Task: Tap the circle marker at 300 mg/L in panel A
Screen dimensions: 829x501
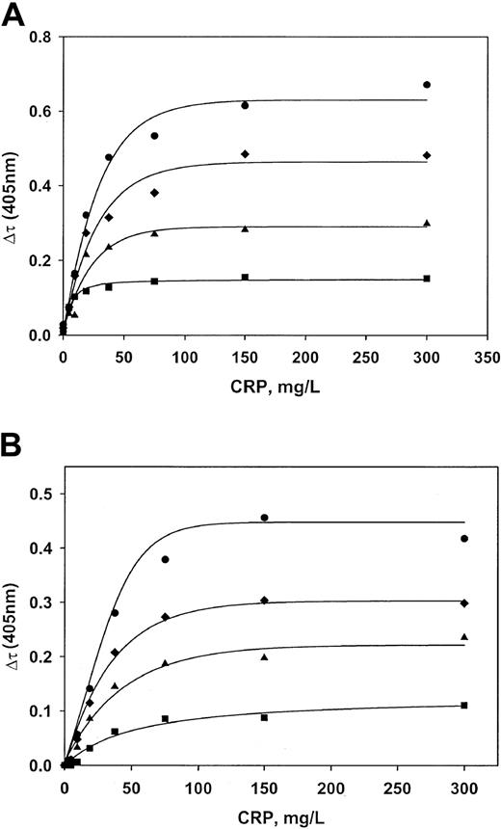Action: pyautogui.click(x=427, y=85)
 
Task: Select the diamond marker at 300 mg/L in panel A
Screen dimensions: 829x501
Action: pyautogui.click(x=427, y=155)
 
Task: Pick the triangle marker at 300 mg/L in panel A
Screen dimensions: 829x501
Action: pyautogui.click(x=427, y=223)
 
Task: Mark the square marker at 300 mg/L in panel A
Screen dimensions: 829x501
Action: pyautogui.click(x=427, y=279)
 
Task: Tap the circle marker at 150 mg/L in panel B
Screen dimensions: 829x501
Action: pyautogui.click(x=264, y=518)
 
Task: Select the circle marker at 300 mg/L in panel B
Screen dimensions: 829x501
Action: pyautogui.click(x=464, y=539)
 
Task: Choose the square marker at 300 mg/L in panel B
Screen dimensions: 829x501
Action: pyautogui.click(x=464, y=706)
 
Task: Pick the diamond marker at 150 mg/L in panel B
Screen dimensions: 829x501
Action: pyautogui.click(x=264, y=601)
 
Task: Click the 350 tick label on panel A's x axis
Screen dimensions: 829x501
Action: pyautogui.click(x=488, y=353)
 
